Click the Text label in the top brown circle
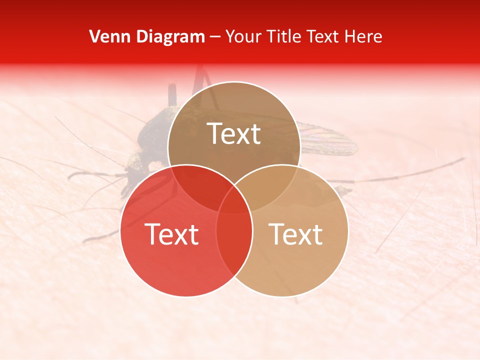(x=234, y=133)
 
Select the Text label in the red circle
(x=171, y=233)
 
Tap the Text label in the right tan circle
(x=296, y=233)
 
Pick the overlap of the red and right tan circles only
(x=234, y=250)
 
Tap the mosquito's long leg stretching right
(x=410, y=172)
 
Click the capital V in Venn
(x=94, y=36)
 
